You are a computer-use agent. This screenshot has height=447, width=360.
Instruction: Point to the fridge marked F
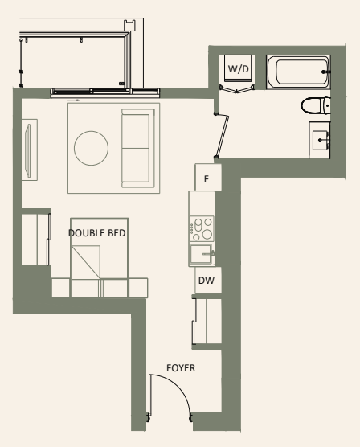pyautogui.click(x=207, y=177)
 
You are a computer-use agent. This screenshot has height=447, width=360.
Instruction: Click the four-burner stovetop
pyautogui.click(x=201, y=230)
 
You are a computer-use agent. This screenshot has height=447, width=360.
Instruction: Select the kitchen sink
pyautogui.click(x=200, y=256)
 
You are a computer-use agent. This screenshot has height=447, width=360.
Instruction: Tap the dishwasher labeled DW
pyautogui.click(x=205, y=281)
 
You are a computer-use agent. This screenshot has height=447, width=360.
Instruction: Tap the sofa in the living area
pyautogui.click(x=135, y=148)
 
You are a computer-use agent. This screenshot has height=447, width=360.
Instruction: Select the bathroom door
pyautogui.click(x=223, y=135)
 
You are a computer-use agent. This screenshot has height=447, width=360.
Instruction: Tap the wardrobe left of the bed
pyautogui.click(x=34, y=237)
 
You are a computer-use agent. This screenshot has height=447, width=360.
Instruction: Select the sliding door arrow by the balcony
pyautogui.click(x=74, y=100)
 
